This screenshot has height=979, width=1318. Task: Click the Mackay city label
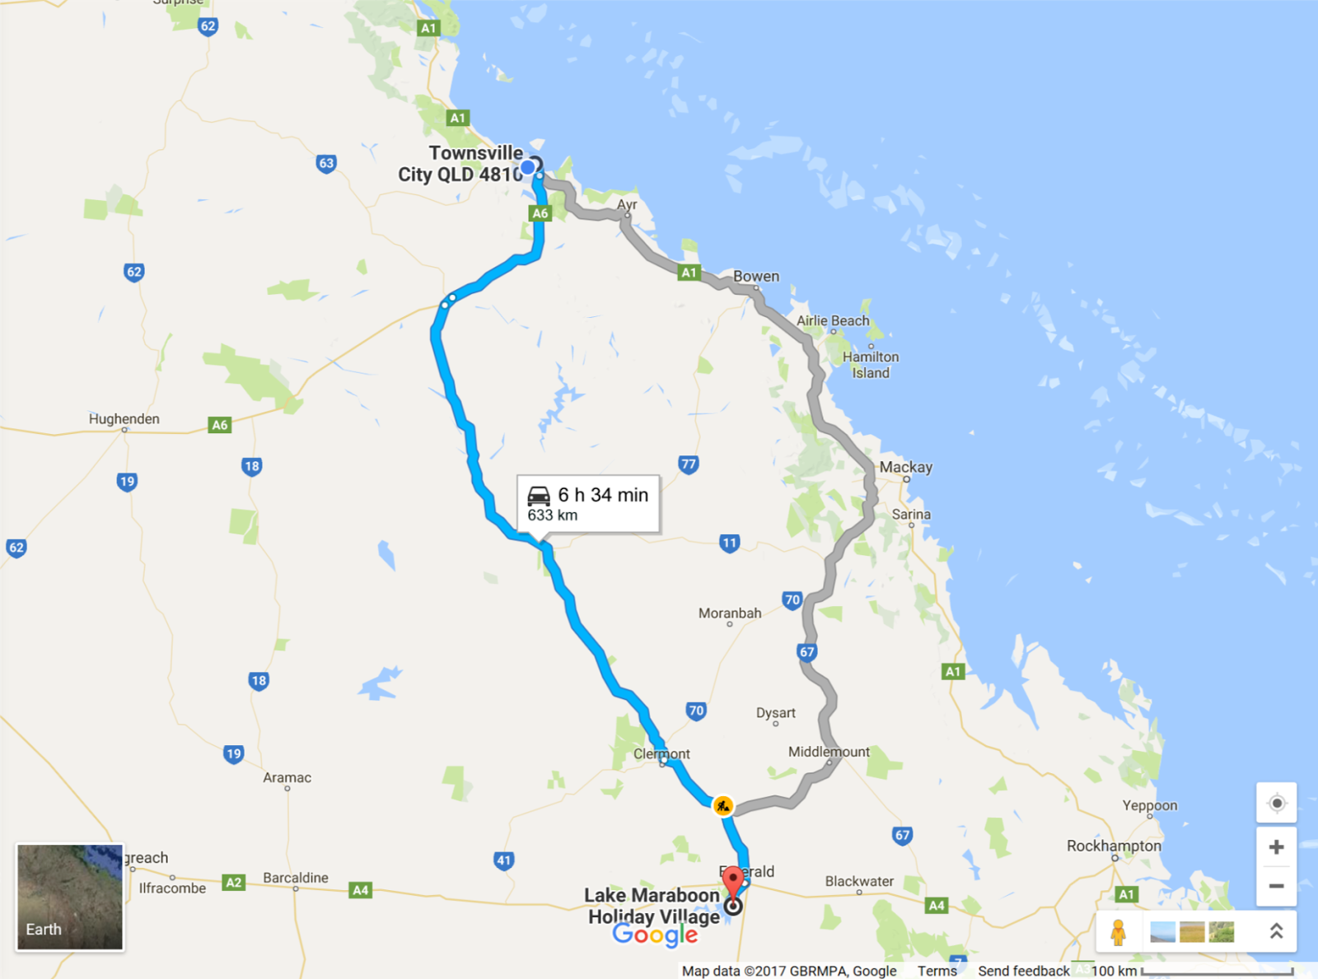(905, 467)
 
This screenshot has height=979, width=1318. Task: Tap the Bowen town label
(755, 276)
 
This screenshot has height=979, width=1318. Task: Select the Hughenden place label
(124, 418)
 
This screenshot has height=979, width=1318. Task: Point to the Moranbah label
(729, 613)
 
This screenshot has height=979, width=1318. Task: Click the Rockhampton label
(1113, 846)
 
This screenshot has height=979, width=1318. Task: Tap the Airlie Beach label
(832, 320)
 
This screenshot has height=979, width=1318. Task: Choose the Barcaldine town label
(295, 878)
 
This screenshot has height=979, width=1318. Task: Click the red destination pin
(732, 883)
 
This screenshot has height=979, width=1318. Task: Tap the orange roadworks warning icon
(722, 805)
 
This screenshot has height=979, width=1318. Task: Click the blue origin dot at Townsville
(528, 168)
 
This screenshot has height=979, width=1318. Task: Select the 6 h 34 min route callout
(588, 503)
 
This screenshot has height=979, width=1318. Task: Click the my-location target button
(1276, 803)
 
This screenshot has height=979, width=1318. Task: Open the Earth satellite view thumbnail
(70, 897)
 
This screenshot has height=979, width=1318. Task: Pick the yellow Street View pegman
(1118, 932)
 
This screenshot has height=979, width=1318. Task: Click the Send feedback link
(1023, 971)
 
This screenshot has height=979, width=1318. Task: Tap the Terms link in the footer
(937, 971)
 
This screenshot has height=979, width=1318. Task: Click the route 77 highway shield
(688, 464)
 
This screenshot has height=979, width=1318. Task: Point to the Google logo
(655, 935)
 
